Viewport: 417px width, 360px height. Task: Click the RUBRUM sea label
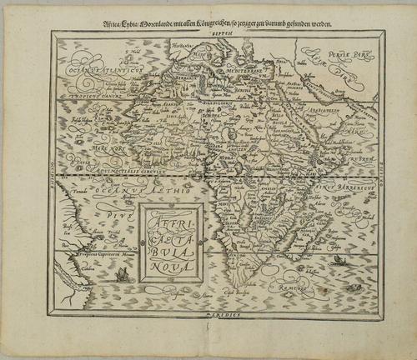(x=354, y=155)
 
